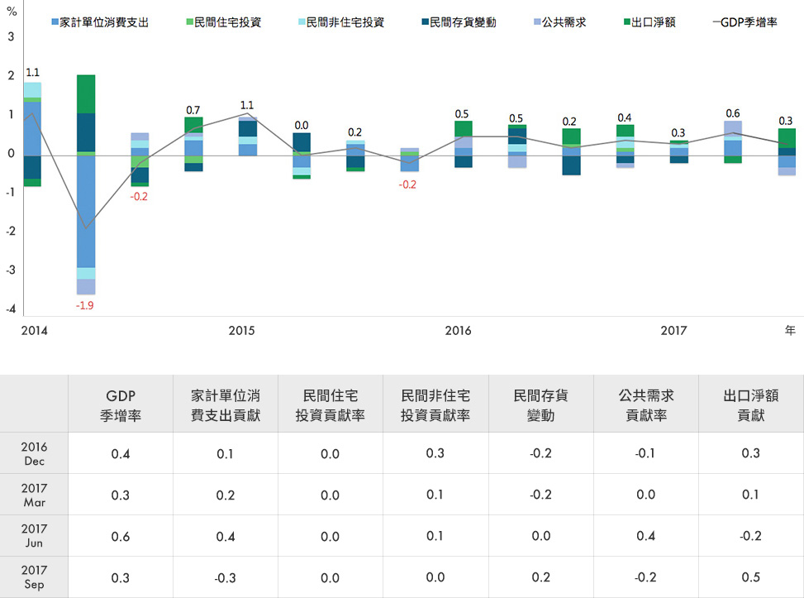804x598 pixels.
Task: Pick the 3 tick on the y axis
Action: pyautogui.click(x=12, y=37)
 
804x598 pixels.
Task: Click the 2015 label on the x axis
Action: pyautogui.click(x=241, y=331)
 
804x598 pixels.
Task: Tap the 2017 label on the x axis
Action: pyautogui.click(x=673, y=331)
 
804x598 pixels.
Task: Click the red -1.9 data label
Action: pyautogui.click(x=84, y=305)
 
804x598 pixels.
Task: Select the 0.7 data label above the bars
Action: pyautogui.click(x=193, y=110)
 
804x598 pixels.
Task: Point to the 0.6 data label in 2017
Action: pyautogui.click(x=733, y=113)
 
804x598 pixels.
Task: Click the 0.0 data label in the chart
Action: pyautogui.click(x=302, y=125)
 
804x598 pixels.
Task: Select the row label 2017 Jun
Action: pyautogui.click(x=34, y=536)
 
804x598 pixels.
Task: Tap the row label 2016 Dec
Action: pyautogui.click(x=34, y=452)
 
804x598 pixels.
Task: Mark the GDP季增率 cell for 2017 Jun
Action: pyautogui.click(x=121, y=536)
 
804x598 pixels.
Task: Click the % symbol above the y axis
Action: pyautogui.click(x=12, y=12)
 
